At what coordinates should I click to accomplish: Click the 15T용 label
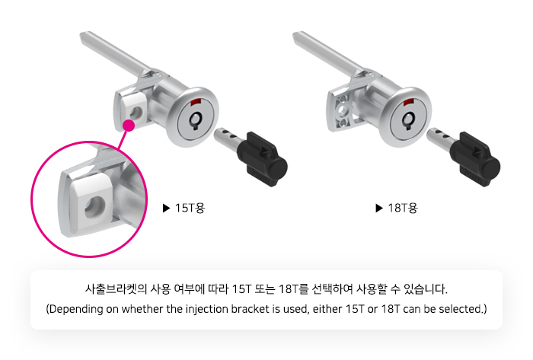click(190, 208)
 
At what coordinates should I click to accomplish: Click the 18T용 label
click(403, 208)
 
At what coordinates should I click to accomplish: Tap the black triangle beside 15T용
click(166, 208)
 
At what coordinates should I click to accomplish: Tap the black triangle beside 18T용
click(379, 208)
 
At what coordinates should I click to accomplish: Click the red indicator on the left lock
click(196, 102)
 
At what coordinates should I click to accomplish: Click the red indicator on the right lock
click(409, 102)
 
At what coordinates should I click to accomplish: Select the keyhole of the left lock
click(196, 120)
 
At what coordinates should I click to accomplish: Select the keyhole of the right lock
click(408, 120)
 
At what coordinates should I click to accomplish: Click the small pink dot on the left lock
click(129, 126)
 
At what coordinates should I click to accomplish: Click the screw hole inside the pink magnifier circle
click(94, 207)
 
